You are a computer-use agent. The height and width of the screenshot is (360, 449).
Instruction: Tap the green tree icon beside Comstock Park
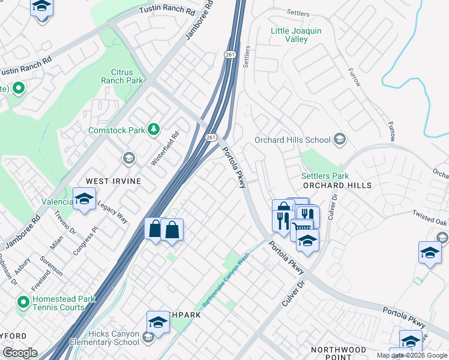coord(154,129)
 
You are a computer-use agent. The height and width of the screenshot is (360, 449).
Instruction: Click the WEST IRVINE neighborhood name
coord(113,181)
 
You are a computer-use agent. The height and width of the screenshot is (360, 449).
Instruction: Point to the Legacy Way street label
coord(113,211)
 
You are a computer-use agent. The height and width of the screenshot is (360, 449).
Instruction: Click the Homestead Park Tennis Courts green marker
coord(23,301)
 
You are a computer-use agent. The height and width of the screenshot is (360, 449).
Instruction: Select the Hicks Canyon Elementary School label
coord(112,338)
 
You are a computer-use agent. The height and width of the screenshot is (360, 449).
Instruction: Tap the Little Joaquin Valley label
coord(289,35)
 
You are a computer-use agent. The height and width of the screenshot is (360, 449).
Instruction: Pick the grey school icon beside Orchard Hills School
coord(339,140)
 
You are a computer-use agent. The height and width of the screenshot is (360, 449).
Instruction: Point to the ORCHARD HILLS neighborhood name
coord(337,185)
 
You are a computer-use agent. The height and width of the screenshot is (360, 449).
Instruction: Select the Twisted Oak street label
coord(429,217)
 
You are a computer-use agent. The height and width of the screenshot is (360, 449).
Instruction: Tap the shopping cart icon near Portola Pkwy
coord(301,227)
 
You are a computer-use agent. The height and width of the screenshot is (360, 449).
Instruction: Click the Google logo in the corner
coord(19,353)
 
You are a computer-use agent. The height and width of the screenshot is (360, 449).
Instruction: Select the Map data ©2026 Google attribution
coord(411,355)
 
